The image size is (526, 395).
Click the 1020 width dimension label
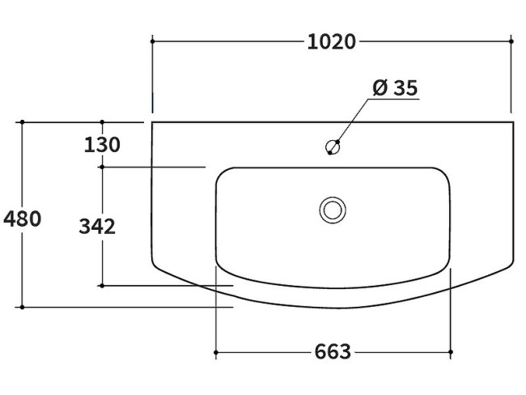tap(332, 41)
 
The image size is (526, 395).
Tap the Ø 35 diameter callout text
tap(395, 87)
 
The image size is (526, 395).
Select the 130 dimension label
tap(102, 145)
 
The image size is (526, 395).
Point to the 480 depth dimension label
tap(22, 218)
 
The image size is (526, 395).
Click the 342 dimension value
tap(97, 227)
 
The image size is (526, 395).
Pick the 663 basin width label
tap(333, 352)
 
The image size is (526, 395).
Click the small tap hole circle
tap(332, 147)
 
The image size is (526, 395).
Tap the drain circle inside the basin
tap(332, 209)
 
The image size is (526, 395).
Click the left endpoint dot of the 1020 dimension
tap(152, 40)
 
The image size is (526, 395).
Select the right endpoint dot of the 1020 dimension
tap(511, 40)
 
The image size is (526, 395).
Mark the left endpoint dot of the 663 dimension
tap(215, 352)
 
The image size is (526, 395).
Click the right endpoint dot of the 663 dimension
tap(450, 352)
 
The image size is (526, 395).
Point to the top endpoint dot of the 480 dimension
tap(22, 122)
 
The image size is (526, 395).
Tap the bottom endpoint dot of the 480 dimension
tap(22, 307)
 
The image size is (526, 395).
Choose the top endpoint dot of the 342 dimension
tap(102, 167)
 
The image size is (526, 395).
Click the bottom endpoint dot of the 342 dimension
tap(102, 285)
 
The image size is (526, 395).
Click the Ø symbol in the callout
tap(380, 87)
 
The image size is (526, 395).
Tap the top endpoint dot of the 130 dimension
tap(102, 122)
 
